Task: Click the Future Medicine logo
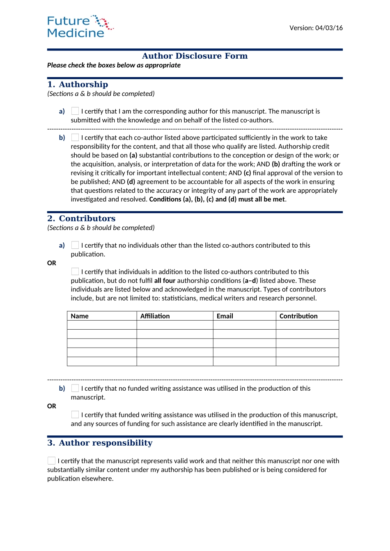point(80,27)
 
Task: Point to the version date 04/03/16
point(329,28)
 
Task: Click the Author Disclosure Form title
point(195,56)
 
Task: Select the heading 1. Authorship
point(78,84)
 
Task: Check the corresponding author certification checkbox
point(75,111)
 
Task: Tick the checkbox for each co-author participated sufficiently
point(75,138)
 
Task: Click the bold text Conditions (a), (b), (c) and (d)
point(217,199)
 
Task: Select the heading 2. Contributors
point(81,219)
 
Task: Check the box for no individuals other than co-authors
point(75,245)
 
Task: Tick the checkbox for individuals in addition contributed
point(75,272)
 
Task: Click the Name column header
point(80,316)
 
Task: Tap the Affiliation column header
point(155,316)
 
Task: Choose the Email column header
point(225,316)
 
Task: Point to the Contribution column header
point(298,316)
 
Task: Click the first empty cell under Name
point(102,325)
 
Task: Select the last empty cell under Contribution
point(307,361)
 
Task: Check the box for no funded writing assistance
point(75,388)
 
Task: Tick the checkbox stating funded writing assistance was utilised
point(75,415)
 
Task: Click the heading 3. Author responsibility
point(100,443)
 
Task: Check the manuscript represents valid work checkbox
point(52,461)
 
